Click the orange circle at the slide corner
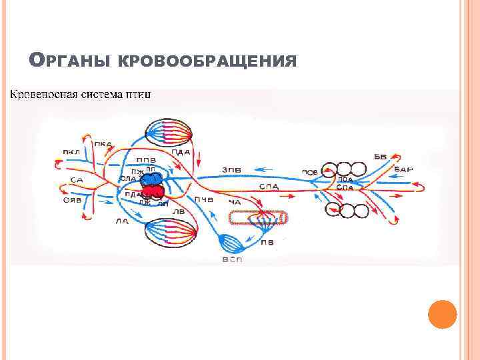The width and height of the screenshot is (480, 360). click(442, 313)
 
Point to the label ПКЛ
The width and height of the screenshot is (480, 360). click(71, 152)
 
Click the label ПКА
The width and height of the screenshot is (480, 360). click(103, 144)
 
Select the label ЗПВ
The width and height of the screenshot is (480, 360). click(232, 170)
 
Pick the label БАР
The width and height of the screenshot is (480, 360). click(403, 169)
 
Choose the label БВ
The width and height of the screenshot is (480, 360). click(380, 157)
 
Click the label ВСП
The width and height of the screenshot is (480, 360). click(232, 259)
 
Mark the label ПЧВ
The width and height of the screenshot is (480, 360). click(204, 199)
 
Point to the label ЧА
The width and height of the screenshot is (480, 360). click(234, 202)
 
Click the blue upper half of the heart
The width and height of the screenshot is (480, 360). click(153, 179)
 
